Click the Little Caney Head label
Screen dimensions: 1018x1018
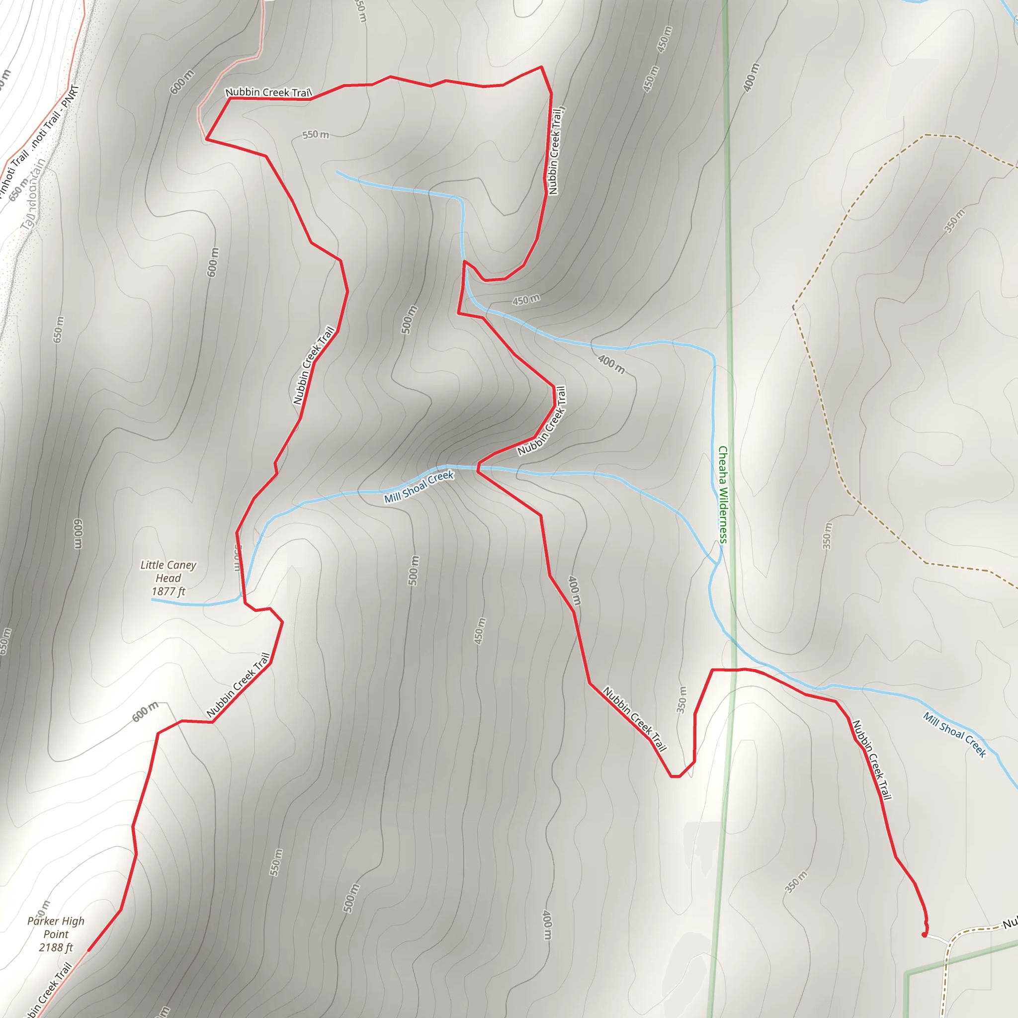(x=168, y=571)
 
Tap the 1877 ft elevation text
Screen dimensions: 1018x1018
(x=168, y=591)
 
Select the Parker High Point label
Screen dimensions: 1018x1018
(x=56, y=928)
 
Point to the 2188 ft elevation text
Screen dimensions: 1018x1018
(x=56, y=947)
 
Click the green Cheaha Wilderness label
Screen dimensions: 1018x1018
(x=723, y=494)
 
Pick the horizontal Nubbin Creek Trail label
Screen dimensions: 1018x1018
(x=269, y=92)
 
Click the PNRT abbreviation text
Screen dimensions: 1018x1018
(x=70, y=96)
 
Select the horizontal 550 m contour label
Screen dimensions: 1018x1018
(x=316, y=135)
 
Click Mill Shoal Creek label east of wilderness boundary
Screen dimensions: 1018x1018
(x=954, y=735)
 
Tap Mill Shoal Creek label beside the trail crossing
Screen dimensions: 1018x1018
(x=419, y=487)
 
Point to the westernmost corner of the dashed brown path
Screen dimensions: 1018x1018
(x=793, y=306)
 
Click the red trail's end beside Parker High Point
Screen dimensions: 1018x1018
(x=88, y=950)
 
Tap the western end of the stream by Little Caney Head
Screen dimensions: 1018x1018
(x=152, y=599)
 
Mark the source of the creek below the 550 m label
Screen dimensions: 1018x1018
(x=337, y=172)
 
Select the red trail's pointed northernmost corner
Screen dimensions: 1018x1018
(x=541, y=67)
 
